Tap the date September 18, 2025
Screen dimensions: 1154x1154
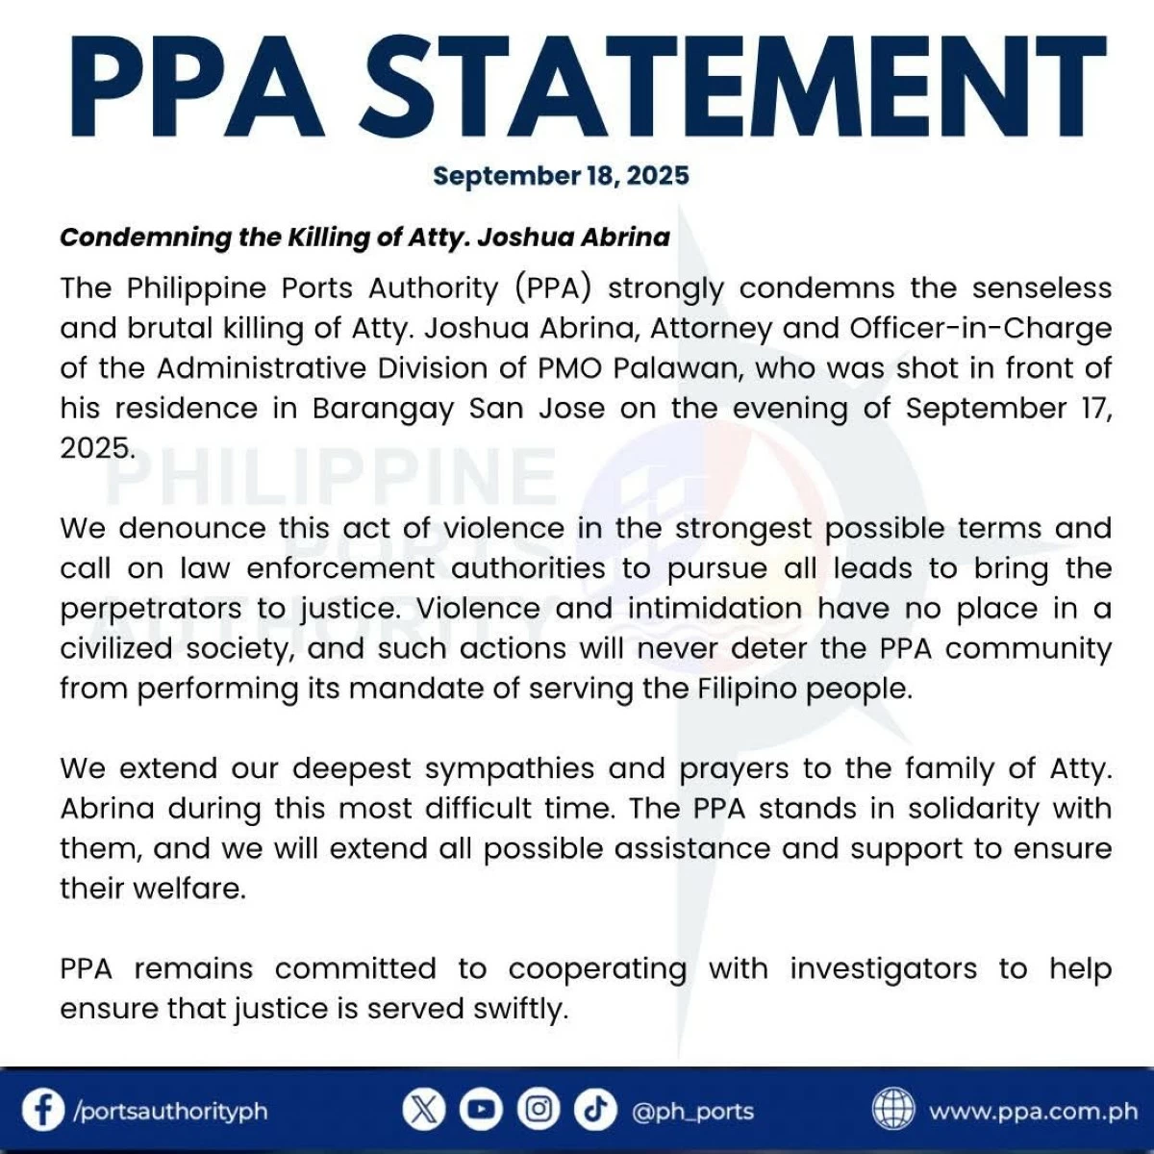tap(561, 176)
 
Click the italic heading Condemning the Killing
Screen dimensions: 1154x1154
tap(364, 238)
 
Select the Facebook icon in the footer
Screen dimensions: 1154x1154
tap(43, 1111)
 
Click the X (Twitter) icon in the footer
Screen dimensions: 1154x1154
tap(423, 1111)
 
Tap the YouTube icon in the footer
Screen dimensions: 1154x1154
tap(481, 1111)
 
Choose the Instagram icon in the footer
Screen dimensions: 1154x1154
tap(539, 1111)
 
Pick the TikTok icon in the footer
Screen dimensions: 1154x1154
tap(595, 1111)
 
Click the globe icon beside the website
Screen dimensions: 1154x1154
tap(893, 1111)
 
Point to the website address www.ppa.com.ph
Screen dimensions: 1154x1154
tap(1033, 1112)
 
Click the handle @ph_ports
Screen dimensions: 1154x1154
tap(692, 1112)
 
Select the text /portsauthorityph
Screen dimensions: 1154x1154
tap(170, 1112)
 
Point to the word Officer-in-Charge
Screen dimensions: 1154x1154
tap(980, 328)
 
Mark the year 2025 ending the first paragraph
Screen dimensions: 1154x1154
tap(96, 448)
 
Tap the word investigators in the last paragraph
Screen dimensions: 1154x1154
tap(883, 968)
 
